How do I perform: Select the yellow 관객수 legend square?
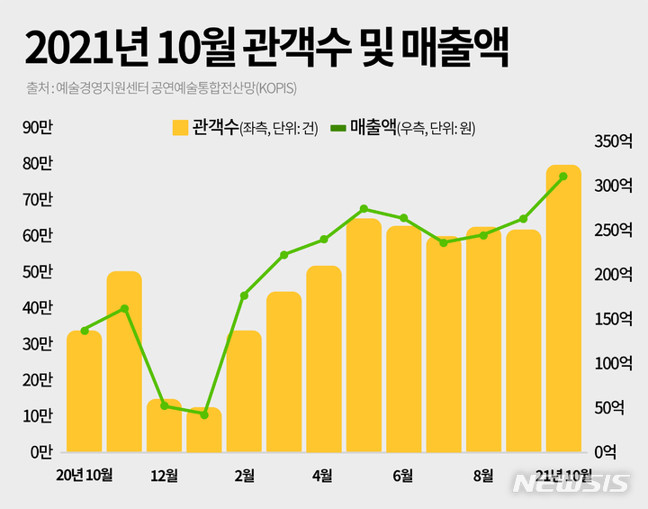point(180,128)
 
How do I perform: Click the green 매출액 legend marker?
point(338,128)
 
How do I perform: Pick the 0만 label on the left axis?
point(41,450)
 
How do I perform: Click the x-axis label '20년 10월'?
point(84,475)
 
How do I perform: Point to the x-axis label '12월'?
point(164,475)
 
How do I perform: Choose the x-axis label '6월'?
point(403,475)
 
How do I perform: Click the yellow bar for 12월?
point(164,425)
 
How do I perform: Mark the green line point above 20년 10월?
point(85,331)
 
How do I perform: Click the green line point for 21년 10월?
point(563,177)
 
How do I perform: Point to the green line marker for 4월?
point(324,239)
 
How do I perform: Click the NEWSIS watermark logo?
point(571,484)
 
